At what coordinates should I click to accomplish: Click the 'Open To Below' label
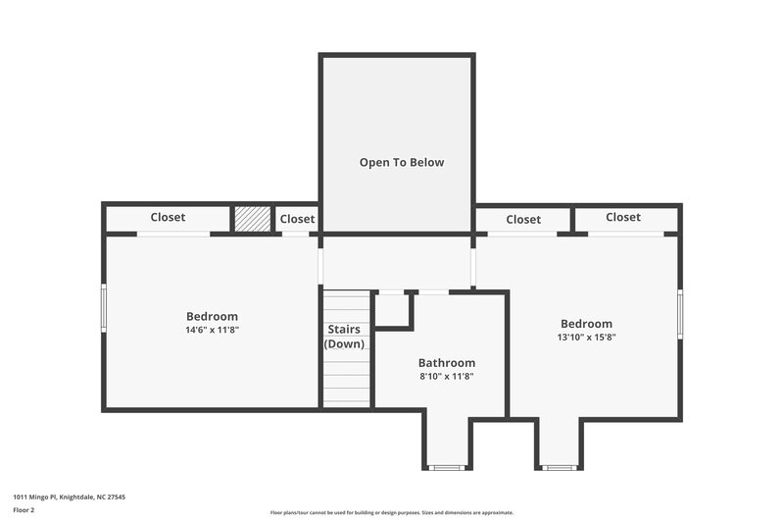point(401,163)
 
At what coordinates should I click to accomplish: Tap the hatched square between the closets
point(251,219)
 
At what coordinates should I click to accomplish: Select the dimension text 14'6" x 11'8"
point(212,331)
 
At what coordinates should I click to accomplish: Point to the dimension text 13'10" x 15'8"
point(586,338)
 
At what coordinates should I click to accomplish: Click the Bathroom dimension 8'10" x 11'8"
point(446,376)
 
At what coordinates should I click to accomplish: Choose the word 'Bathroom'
point(446,362)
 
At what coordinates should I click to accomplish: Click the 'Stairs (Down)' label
point(344,337)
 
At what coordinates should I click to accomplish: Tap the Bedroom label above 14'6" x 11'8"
point(212,316)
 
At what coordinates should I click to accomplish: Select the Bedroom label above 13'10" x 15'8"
point(586,324)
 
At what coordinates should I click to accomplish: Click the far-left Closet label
point(168,217)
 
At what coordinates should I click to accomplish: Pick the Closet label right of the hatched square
point(297,219)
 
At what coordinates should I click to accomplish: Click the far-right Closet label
point(622,217)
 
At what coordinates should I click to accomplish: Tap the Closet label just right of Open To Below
point(523,220)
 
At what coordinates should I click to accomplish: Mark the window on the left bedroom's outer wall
point(104,308)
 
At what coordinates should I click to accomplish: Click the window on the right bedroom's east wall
point(680,314)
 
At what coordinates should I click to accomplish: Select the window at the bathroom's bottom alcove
point(447,467)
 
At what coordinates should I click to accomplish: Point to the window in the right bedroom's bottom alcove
point(559,467)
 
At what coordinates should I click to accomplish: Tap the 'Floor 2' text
point(24,511)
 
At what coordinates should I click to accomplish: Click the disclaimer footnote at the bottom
point(391,512)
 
